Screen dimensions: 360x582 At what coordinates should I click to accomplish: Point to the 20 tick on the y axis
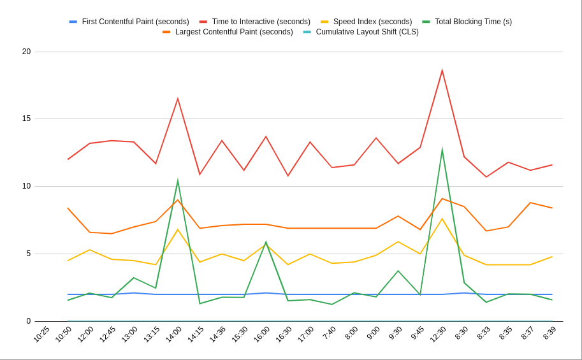[26, 52]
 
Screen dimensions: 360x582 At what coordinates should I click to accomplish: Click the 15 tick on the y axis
[26, 119]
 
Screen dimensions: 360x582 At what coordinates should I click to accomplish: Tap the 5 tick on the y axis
[28, 254]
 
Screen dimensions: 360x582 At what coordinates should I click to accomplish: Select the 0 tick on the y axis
[28, 321]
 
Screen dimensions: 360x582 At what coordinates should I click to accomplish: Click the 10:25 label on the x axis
[41, 334]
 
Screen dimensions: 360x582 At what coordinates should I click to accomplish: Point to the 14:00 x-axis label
[173, 334]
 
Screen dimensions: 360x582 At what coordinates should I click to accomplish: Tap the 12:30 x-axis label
[438, 334]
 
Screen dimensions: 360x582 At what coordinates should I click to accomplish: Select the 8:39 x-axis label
[549, 333]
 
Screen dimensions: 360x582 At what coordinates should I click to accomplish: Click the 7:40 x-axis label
[329, 333]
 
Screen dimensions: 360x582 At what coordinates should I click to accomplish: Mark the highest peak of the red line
[442, 70]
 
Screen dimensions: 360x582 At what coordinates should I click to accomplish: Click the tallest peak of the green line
[442, 149]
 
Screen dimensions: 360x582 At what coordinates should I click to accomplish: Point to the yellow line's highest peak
[442, 219]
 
